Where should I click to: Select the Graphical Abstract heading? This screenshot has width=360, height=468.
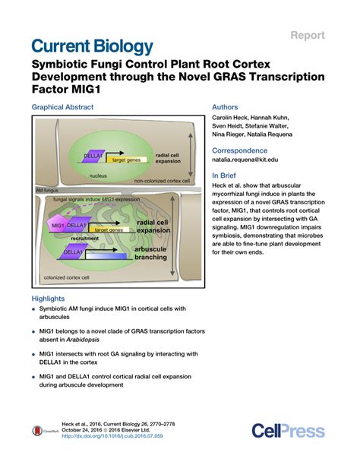point(62,108)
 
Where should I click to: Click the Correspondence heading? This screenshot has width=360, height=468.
point(242,150)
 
